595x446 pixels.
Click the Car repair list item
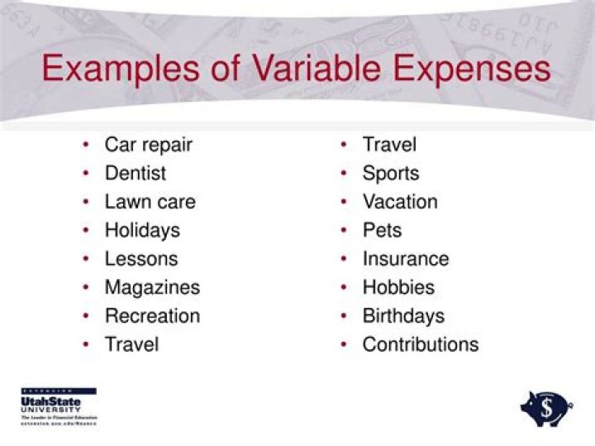pos(148,145)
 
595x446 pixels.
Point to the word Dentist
pos(135,174)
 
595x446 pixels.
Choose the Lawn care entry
pos(150,202)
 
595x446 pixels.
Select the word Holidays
pos(141,230)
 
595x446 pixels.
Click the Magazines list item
pos(152,288)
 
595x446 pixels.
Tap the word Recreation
pos(152,316)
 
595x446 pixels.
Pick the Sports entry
pos(390,174)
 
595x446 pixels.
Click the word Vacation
pos(400,202)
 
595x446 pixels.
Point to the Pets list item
pos(382,230)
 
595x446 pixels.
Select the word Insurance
pos(406,259)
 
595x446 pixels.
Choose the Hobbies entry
pos(398,288)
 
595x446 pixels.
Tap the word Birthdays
pos(403,316)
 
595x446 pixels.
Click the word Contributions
pos(420,344)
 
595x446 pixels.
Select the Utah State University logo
pos(58,405)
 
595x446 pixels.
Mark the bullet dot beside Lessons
pos(86,259)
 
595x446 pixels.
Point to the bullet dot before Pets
pos(343,231)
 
